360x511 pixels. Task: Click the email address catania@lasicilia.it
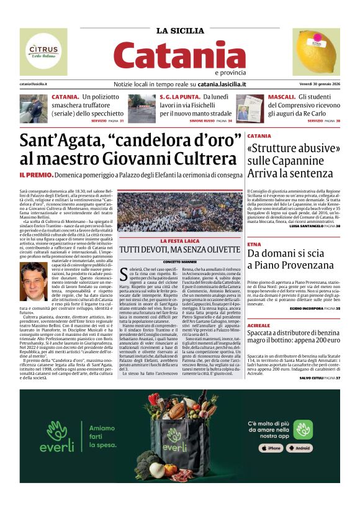click(34, 84)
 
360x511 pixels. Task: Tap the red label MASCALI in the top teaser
click(282, 97)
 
